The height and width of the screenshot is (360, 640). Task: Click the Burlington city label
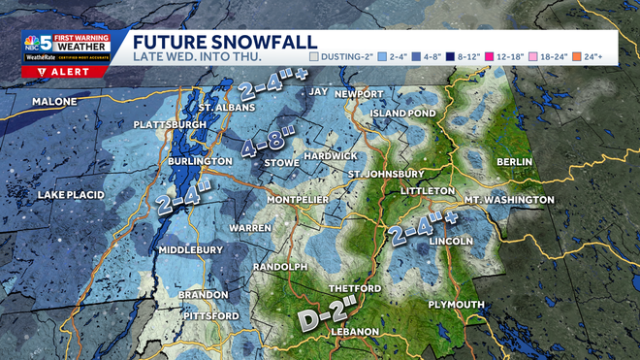click(x=198, y=161)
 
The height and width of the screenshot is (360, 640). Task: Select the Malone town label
click(x=55, y=102)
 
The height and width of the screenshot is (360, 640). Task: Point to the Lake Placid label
click(x=70, y=195)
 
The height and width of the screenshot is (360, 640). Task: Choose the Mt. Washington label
click(x=509, y=200)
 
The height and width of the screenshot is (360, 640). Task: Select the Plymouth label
click(x=456, y=305)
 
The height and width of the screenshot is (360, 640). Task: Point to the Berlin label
click(x=515, y=161)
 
